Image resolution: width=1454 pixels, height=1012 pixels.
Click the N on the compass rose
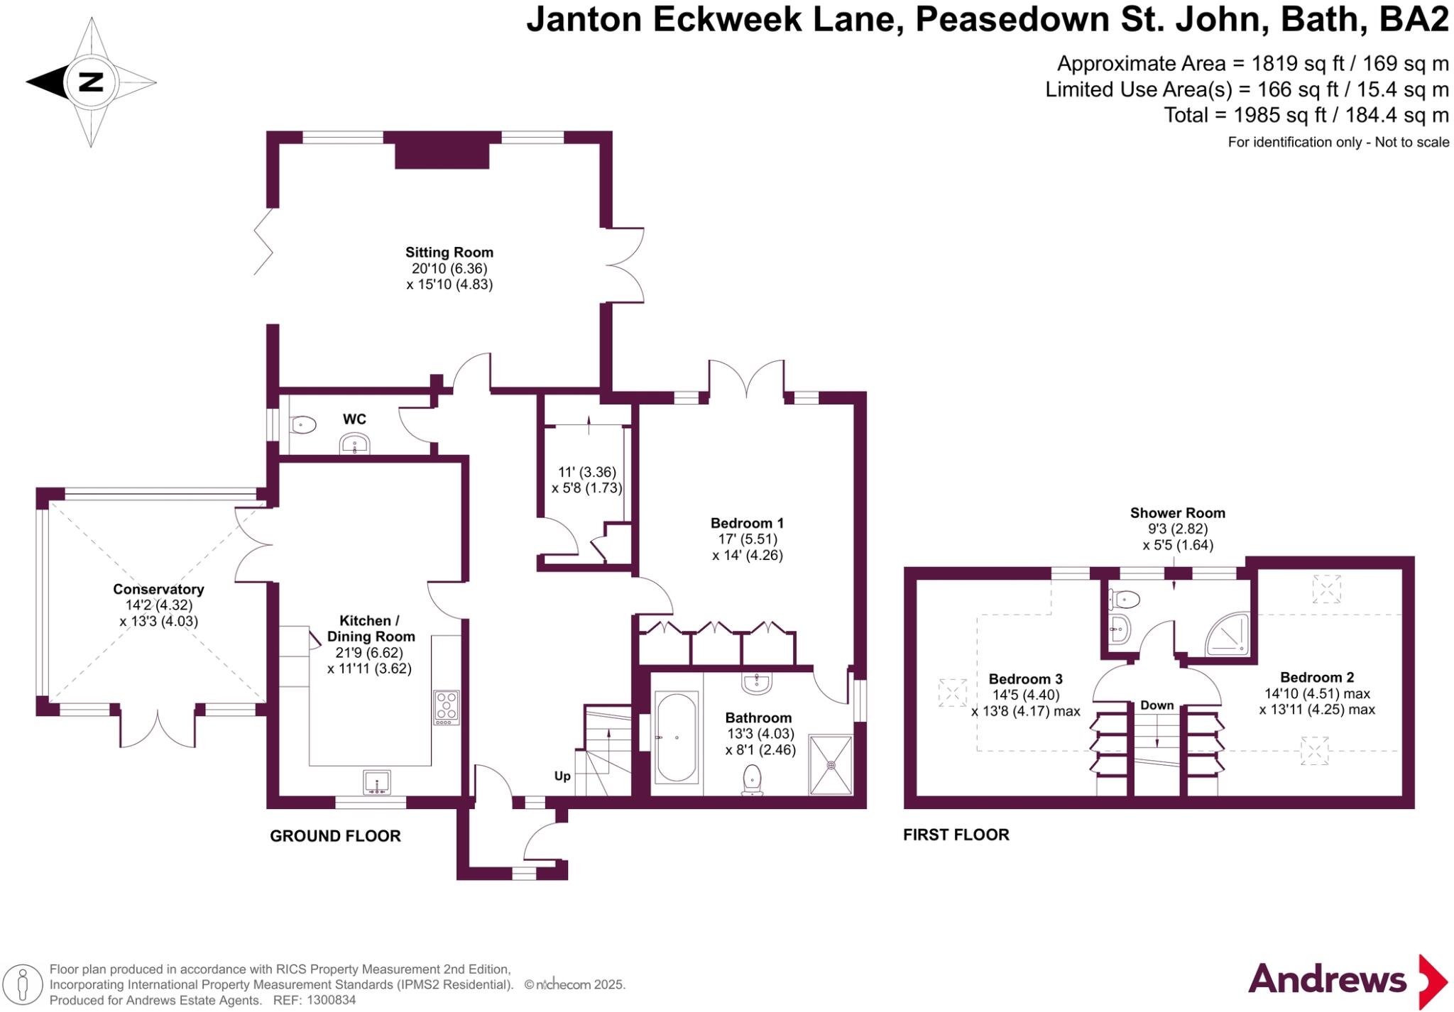click(90, 82)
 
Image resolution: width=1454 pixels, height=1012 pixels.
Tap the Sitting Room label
click(449, 252)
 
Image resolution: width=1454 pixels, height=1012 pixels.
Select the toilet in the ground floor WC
click(303, 425)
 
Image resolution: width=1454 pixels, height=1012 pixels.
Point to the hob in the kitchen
click(447, 707)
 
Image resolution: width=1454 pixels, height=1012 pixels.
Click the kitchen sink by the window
click(376, 783)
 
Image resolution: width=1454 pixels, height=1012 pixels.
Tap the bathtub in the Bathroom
click(677, 738)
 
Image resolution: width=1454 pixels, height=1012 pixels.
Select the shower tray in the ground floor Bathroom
click(831, 764)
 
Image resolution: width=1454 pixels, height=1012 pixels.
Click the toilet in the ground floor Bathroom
click(752, 779)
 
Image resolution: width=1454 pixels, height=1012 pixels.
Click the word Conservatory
click(158, 589)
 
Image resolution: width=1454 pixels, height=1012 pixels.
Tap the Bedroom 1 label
click(747, 523)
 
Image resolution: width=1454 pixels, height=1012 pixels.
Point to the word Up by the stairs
click(562, 776)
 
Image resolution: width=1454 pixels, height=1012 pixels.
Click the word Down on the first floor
click(1157, 705)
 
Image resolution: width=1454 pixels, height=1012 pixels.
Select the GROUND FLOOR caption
click(335, 836)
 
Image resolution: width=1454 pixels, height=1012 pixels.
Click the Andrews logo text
click(1327, 980)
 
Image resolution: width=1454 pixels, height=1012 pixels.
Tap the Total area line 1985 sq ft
click(1306, 115)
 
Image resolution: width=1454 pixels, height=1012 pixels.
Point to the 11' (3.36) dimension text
click(587, 472)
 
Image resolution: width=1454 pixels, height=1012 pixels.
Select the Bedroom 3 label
click(1025, 679)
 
